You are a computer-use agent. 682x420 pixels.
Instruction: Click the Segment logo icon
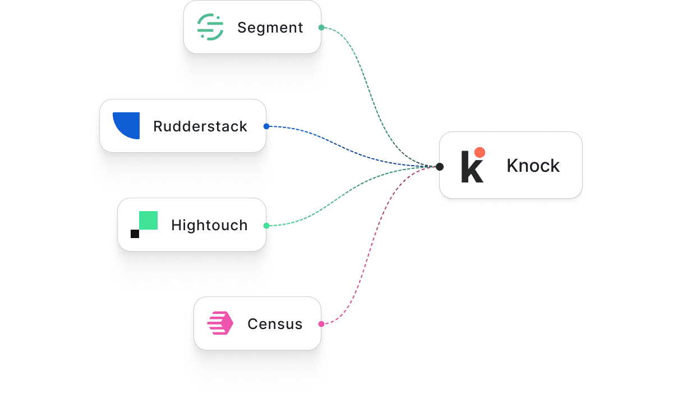(x=210, y=27)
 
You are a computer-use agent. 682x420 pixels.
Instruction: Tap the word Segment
(x=270, y=28)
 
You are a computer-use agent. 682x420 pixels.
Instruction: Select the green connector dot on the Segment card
(x=321, y=28)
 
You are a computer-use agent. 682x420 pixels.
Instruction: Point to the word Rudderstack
(x=200, y=126)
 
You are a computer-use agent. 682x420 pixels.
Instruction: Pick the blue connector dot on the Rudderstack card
(x=266, y=126)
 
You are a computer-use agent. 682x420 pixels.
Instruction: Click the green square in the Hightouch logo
(x=148, y=221)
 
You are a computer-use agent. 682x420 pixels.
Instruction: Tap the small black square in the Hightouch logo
(x=135, y=234)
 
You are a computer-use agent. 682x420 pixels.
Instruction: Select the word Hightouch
(x=209, y=225)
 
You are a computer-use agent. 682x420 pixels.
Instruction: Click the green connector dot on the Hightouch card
(x=266, y=226)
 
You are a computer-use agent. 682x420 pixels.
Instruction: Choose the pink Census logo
(x=220, y=324)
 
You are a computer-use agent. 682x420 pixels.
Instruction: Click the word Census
(x=275, y=324)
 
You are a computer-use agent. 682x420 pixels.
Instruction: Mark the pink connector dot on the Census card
(x=321, y=324)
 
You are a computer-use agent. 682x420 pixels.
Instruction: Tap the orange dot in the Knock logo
(x=480, y=152)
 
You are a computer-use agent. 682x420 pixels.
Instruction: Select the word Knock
(x=533, y=166)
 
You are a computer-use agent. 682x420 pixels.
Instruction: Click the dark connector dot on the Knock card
(x=440, y=167)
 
